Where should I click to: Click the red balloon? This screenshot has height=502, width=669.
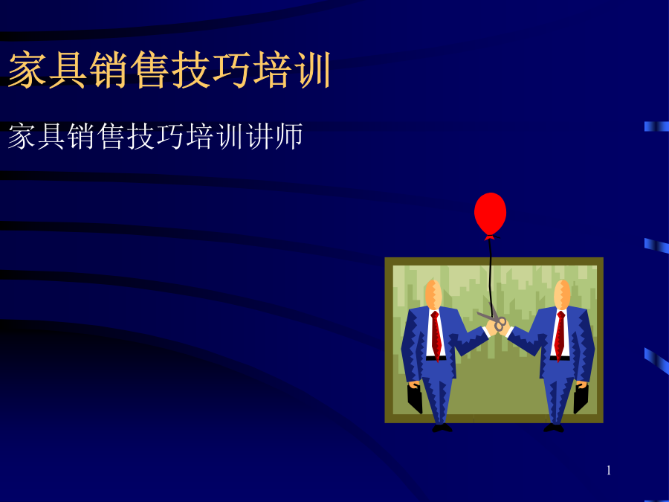[x=491, y=214]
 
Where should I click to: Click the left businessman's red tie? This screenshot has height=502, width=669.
[x=436, y=336]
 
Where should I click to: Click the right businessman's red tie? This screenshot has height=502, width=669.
[x=560, y=336]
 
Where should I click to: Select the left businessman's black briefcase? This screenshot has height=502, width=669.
[x=415, y=399]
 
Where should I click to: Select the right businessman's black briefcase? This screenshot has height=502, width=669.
[x=581, y=399]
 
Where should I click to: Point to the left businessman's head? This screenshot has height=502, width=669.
[x=433, y=294]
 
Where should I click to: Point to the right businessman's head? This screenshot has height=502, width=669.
[x=563, y=294]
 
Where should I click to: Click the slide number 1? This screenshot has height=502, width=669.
[x=608, y=471]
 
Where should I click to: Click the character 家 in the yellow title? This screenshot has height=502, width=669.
[x=28, y=70]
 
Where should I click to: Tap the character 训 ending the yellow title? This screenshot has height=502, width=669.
[x=313, y=70]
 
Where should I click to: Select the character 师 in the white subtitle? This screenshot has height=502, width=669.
[x=288, y=136]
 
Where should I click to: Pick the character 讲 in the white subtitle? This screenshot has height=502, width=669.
[x=259, y=136]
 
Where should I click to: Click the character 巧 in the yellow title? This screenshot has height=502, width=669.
[x=232, y=70]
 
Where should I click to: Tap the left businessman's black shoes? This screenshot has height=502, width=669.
[x=442, y=428]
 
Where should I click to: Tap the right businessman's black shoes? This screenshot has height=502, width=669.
[x=554, y=428]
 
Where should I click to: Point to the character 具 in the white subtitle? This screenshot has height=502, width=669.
[x=51, y=136]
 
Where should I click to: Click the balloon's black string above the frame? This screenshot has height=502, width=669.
[x=491, y=248]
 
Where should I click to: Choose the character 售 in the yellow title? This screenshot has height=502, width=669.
[x=150, y=70]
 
